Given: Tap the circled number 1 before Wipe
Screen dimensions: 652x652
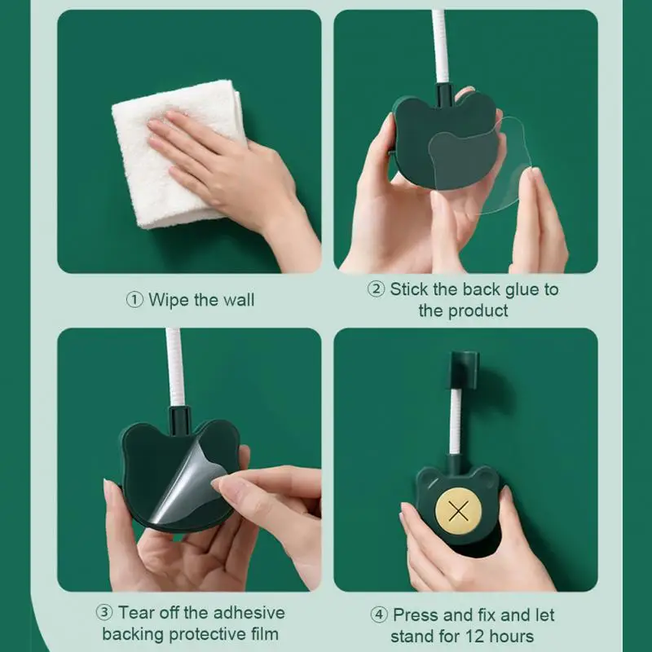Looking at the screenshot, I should tap(134, 300).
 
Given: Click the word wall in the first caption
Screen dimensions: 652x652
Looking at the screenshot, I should tap(237, 300).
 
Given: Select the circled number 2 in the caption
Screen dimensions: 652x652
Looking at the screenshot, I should tap(377, 289).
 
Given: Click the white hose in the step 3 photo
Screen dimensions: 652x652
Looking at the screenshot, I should tap(175, 367).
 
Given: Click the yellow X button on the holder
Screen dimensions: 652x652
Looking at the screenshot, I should tap(459, 512).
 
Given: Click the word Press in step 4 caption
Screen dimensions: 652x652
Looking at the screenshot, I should tap(416, 615).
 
